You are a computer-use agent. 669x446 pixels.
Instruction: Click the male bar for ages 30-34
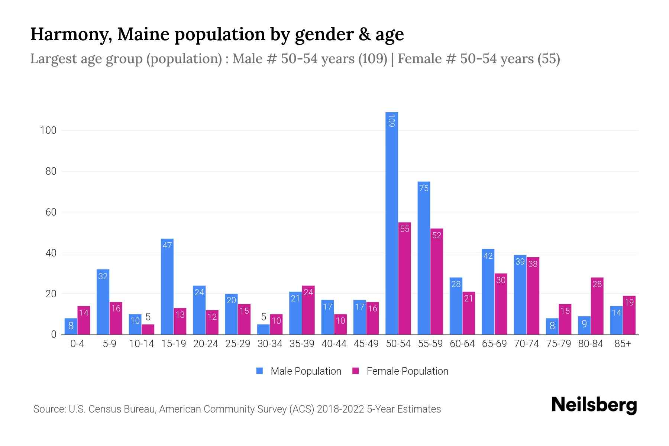(264, 330)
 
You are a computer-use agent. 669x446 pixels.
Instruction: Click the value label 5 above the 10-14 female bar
(148, 317)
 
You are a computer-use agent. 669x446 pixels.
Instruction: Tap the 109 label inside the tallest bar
(391, 121)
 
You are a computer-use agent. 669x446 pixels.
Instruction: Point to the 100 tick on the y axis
(48, 130)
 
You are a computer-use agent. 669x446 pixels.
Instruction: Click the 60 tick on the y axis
(51, 212)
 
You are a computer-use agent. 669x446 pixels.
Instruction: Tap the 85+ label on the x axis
(623, 344)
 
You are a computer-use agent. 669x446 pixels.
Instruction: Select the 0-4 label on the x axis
(77, 344)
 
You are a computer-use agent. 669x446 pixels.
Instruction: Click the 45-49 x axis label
(366, 344)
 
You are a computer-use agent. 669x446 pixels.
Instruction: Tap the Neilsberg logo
(594, 405)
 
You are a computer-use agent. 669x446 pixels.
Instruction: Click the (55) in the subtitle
(549, 59)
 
